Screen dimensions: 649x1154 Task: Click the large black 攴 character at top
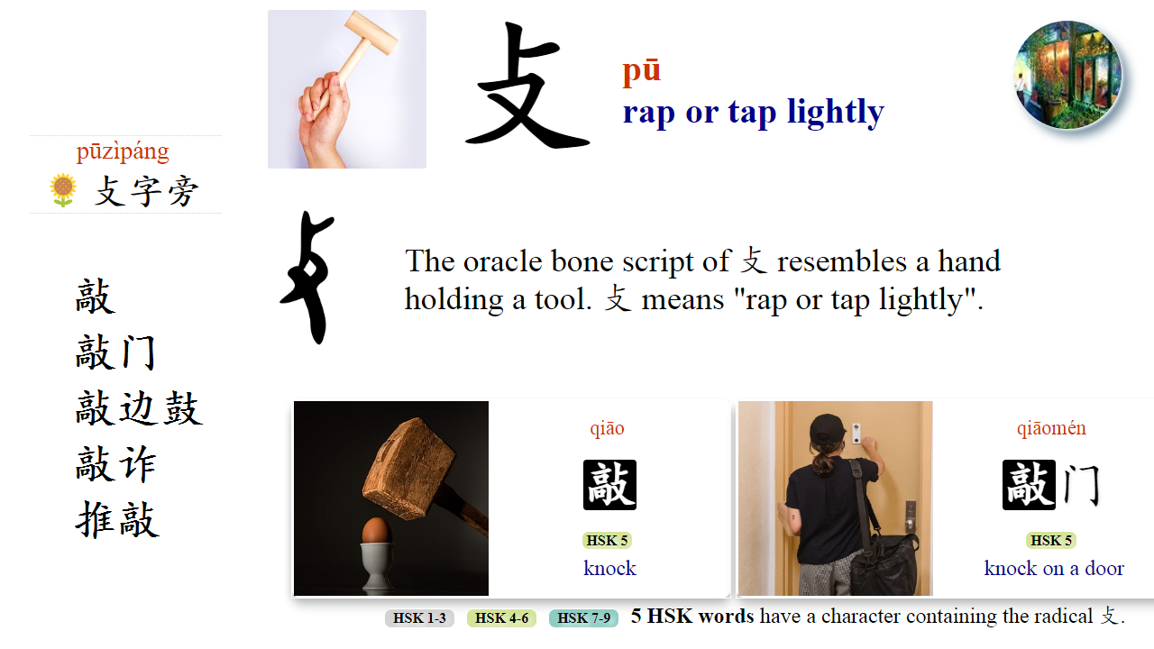pos(527,88)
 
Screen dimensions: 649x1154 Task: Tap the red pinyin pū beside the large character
pos(641,70)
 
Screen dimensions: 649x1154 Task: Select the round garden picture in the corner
pos(1067,76)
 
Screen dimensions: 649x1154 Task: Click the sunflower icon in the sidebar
pos(63,190)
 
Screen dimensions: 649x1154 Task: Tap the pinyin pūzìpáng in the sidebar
pos(123,151)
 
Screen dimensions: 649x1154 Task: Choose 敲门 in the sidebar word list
pos(116,352)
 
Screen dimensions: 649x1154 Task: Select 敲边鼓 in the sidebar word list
pos(139,408)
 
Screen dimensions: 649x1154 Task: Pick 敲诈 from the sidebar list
pos(116,465)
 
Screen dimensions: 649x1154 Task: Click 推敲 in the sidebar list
pos(117,520)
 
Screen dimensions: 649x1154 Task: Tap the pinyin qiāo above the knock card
pos(607,428)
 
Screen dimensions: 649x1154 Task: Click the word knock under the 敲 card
pos(609,569)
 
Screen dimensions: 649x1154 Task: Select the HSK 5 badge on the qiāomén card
pos(1050,541)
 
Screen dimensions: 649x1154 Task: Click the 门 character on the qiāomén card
pos(1081,485)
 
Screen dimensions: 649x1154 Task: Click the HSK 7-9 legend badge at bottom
pos(583,618)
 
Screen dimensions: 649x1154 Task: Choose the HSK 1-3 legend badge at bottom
pos(419,618)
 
